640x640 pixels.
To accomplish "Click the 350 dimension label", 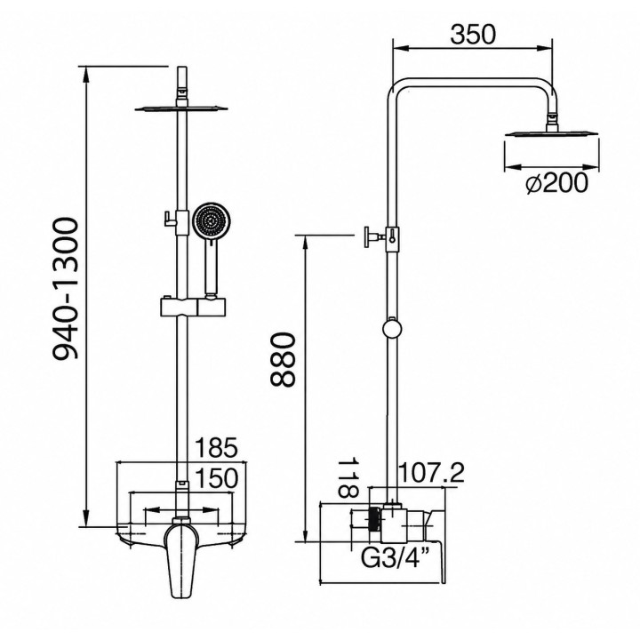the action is click(473, 35).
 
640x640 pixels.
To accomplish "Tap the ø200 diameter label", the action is click(556, 183).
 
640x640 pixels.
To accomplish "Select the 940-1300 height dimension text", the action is click(66, 289).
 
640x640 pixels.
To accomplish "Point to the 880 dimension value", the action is click(282, 359).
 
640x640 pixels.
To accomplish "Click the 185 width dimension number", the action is click(216, 448).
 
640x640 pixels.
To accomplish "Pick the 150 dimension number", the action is click(217, 478).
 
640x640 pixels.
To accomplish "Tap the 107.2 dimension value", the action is click(430, 473).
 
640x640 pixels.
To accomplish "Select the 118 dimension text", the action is click(348, 477).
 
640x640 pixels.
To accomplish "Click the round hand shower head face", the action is click(211, 222).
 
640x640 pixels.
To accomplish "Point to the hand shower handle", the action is click(211, 269).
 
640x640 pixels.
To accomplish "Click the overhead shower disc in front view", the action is click(181, 108).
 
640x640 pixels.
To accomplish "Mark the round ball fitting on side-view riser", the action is click(392, 330).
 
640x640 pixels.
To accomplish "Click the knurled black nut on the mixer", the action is click(374, 519).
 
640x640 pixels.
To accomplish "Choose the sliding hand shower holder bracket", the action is click(192, 306).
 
